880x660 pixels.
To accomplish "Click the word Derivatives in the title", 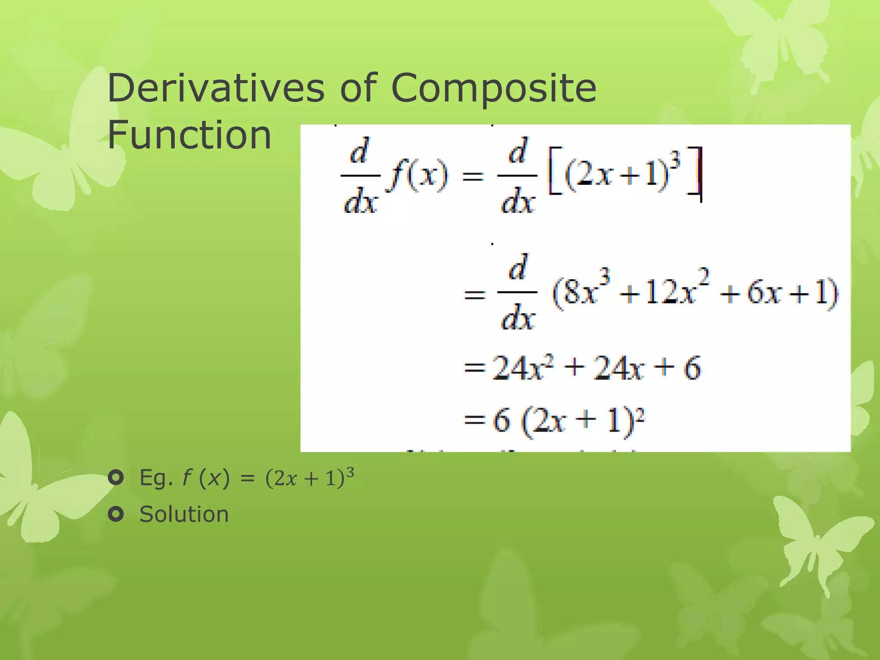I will point(216,88).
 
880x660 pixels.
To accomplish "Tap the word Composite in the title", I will point(494,89).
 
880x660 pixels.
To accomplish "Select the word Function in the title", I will point(189,135).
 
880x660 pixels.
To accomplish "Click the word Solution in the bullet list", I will point(184,514).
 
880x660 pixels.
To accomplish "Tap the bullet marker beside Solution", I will point(116,514).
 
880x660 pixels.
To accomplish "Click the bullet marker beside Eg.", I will point(116,478).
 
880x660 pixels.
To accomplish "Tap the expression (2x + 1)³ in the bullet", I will point(310,477).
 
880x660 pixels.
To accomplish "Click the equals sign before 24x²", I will point(474,368).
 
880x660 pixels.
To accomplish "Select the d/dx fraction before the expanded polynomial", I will point(517,292).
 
